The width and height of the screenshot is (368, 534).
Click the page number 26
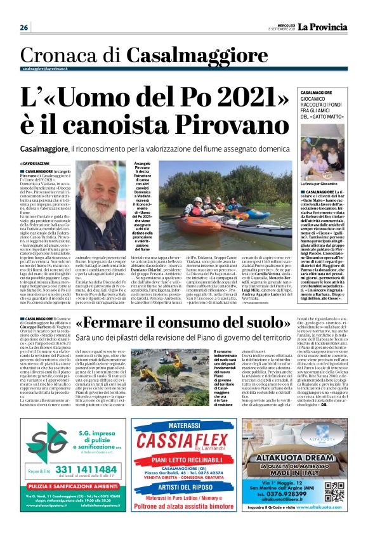[x=24, y=27]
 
